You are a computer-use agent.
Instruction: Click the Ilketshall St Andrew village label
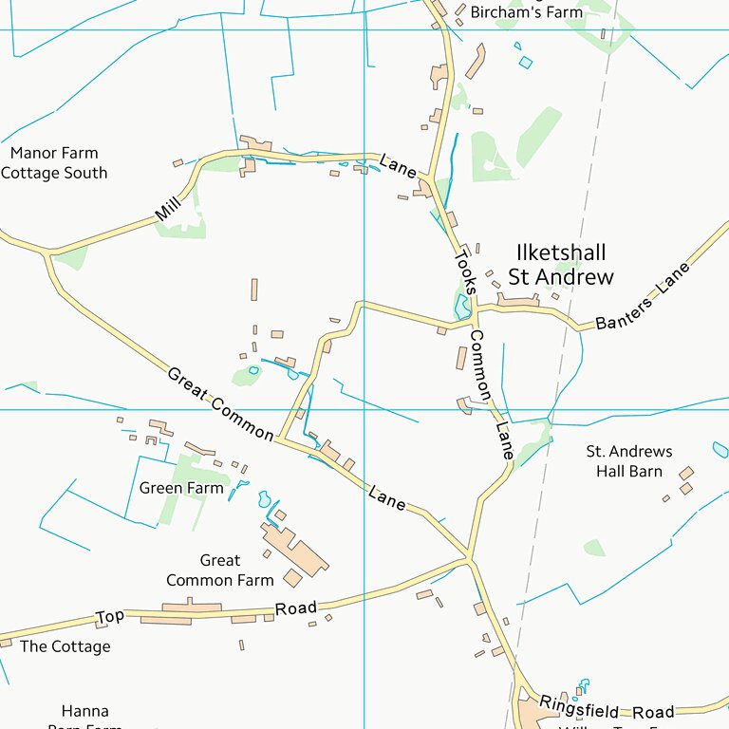(561, 265)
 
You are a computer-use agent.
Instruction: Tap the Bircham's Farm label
(514, 12)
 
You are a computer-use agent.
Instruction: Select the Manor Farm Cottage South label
(54, 163)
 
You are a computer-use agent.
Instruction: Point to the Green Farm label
(181, 488)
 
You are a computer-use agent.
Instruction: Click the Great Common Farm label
(220, 570)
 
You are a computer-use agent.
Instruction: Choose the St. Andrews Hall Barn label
(628, 461)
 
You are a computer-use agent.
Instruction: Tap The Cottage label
(65, 646)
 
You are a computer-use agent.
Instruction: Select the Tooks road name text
(464, 271)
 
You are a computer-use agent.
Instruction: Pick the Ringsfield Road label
(607, 708)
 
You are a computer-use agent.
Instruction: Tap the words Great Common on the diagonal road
(220, 403)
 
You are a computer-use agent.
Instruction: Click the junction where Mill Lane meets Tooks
(428, 178)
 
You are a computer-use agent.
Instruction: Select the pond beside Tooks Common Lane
(462, 307)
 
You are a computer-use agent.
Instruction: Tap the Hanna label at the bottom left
(85, 711)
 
